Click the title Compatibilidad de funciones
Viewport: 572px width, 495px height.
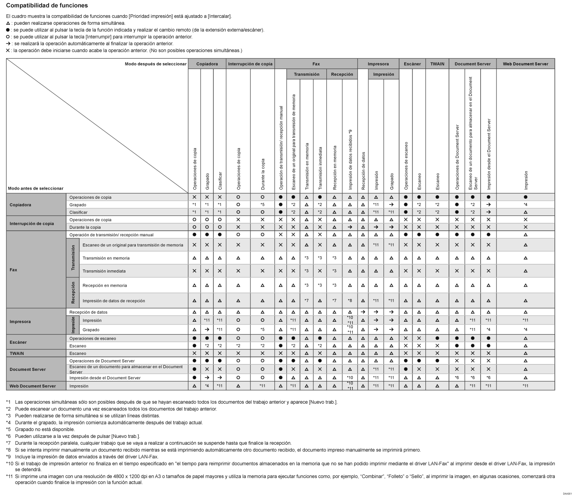pos(47,5)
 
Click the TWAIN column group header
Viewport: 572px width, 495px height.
pos(437,64)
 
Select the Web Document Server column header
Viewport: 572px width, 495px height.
pos(525,64)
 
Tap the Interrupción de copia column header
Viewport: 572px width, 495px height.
pos(250,64)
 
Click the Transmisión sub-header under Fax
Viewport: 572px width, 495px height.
pos(306,74)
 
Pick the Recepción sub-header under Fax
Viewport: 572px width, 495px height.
pos(342,74)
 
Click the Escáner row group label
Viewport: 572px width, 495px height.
pos(18,342)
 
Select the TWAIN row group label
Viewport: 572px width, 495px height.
pos(17,353)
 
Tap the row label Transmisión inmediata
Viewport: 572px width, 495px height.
pos(104,271)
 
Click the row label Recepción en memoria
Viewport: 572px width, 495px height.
pos(105,285)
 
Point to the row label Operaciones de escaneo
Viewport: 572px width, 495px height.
pos(92,338)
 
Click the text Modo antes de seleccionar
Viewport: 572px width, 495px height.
pos(36,188)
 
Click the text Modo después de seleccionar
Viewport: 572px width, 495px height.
pos(155,64)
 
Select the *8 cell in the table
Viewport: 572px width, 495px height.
pos(350,301)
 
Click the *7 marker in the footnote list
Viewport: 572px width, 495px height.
pos(8,443)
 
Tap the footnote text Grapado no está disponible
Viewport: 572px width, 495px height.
pos(45,430)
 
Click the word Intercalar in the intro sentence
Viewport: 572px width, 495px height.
pos(219,16)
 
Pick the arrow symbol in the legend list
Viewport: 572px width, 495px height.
pos(8,44)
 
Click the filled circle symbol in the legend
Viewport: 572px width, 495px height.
pos(8,30)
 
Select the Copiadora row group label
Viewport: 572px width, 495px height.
pos(20,205)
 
